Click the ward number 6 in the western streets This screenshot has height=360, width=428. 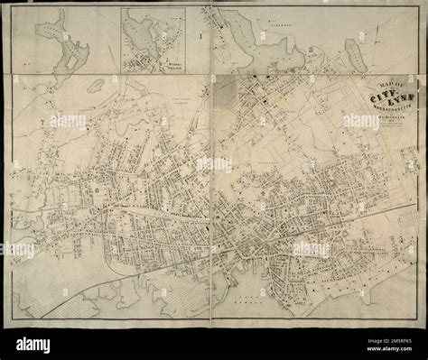point(95,190)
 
